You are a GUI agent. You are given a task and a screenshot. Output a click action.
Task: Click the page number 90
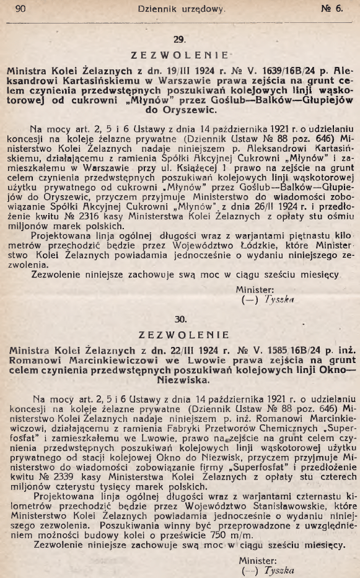[x=20, y=9]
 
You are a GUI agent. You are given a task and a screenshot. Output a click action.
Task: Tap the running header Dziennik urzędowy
[x=181, y=9]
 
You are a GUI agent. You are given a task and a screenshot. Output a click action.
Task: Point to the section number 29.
[x=180, y=39]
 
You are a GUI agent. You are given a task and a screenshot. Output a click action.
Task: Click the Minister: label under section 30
[x=257, y=560]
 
